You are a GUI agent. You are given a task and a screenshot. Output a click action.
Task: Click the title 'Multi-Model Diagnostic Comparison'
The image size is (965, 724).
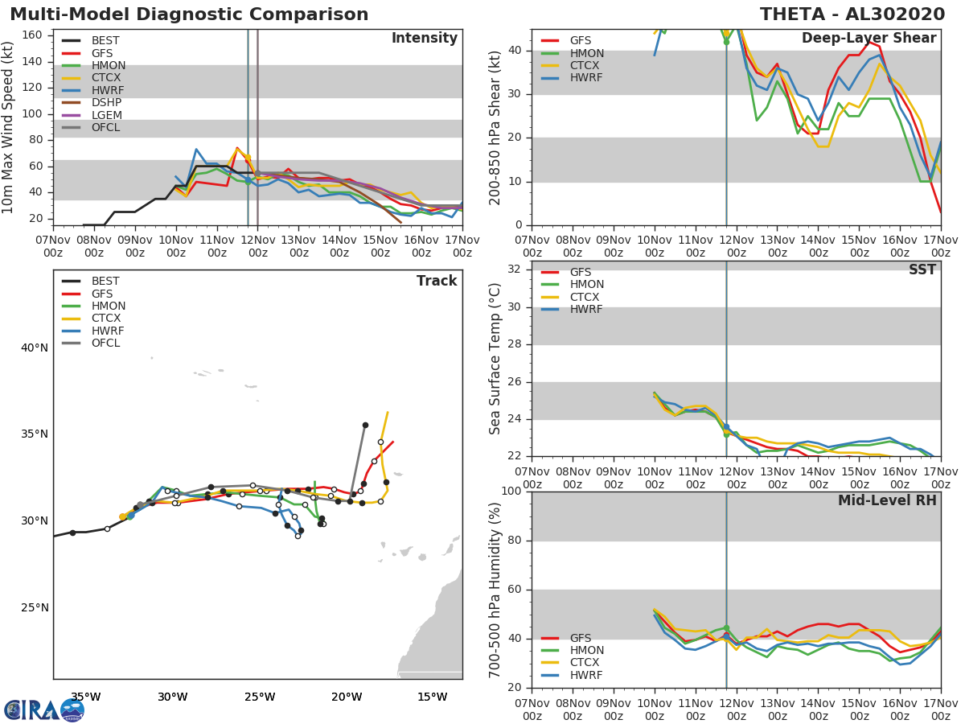coord(189,14)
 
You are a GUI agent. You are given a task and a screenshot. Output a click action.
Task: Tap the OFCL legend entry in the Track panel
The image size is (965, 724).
coord(105,343)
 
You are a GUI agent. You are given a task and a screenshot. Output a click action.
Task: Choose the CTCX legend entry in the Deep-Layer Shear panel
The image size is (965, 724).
coord(586,65)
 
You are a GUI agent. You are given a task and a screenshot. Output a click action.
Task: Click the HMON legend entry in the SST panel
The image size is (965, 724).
coord(586,285)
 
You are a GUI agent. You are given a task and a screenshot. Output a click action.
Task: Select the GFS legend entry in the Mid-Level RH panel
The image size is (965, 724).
coord(580,638)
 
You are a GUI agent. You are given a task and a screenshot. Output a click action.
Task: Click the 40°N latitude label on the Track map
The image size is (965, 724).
coord(34,348)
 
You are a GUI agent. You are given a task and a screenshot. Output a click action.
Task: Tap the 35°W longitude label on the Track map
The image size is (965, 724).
coord(85,697)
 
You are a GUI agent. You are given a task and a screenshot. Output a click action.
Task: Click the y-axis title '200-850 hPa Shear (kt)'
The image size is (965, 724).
coord(495,127)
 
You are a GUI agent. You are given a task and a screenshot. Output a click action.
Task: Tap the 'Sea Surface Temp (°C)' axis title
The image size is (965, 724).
coord(495,358)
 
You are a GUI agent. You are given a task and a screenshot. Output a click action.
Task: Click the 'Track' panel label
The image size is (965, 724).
coord(436,282)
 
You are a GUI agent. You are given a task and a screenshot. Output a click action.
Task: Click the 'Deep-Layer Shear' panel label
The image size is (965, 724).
coord(868,39)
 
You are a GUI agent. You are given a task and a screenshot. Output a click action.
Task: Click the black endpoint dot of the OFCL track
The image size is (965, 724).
coord(365,425)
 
